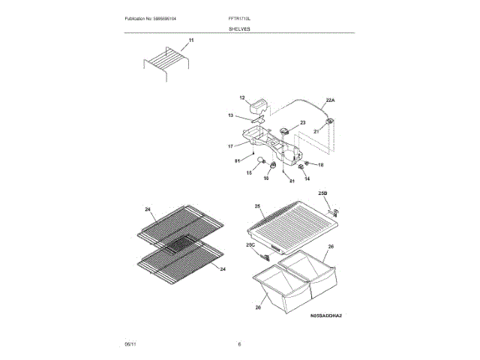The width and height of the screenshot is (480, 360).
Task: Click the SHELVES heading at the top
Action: click(x=240, y=28)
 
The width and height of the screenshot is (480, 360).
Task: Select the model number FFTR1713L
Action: click(x=239, y=17)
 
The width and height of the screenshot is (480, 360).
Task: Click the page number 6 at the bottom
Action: click(x=239, y=343)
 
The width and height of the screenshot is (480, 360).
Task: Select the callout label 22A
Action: click(x=330, y=100)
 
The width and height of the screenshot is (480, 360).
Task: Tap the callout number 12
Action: click(x=242, y=98)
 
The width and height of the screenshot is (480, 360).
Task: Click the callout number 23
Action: click(x=303, y=123)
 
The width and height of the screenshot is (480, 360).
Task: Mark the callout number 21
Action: click(x=316, y=131)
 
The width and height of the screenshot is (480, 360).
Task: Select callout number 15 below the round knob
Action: click(x=250, y=172)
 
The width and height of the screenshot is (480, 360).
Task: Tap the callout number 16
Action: click(x=265, y=178)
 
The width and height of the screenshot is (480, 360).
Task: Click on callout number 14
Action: click(x=306, y=179)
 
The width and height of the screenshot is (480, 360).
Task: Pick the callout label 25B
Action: click(x=323, y=194)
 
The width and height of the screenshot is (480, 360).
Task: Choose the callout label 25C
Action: click(x=250, y=244)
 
